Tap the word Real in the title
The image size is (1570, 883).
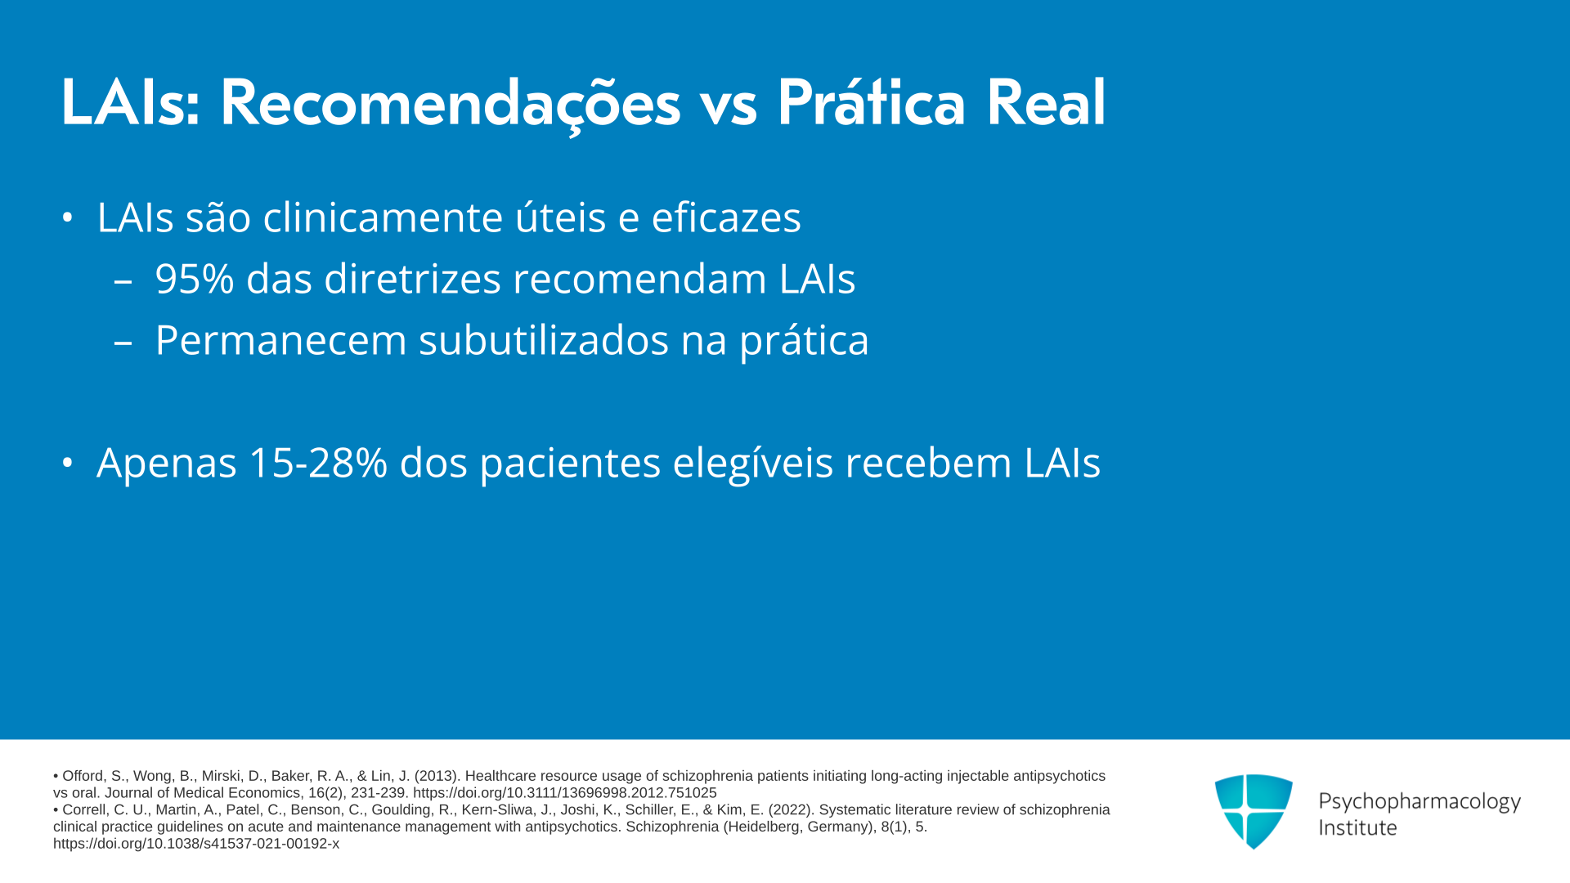coord(1046,103)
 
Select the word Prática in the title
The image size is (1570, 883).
coord(871,103)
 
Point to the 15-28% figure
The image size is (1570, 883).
coord(318,463)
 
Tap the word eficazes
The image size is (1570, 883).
coord(726,217)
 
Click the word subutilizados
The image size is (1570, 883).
coord(544,340)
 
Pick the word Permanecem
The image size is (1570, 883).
coord(280,340)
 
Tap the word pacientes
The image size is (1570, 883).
coord(570,464)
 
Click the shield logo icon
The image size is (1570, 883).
coord(1254,811)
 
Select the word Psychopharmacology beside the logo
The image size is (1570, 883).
coord(1420,802)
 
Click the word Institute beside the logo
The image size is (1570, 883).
coord(1357,828)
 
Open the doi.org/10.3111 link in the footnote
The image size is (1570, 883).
coord(565,793)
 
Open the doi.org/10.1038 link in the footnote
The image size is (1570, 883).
coord(196,844)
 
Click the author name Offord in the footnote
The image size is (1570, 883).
coord(83,776)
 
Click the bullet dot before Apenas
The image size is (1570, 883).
coord(68,463)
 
